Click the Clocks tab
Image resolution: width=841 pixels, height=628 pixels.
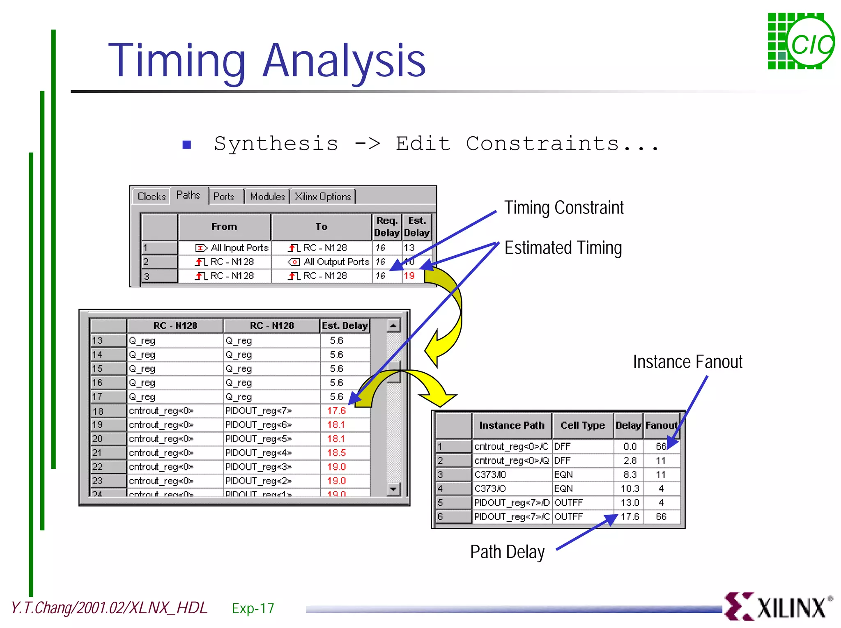[151, 197]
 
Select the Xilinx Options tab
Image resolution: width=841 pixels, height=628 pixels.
[323, 197]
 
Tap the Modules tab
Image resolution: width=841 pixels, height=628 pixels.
[267, 197]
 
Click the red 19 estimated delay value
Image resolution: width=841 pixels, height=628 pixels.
[409, 276]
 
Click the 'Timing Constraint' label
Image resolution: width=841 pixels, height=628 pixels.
[564, 208]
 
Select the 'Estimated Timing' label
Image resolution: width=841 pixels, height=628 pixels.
[563, 248]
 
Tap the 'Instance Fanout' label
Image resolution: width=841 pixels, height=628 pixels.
[687, 362]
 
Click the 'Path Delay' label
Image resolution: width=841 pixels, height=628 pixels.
[507, 552]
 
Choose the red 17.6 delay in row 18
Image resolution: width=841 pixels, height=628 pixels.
[336, 410]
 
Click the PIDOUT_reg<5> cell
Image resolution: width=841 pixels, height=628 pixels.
[259, 439]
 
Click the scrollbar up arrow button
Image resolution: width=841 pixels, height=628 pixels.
[393, 326]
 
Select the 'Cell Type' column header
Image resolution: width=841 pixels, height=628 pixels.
[582, 425]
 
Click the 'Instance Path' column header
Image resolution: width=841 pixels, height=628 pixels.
[512, 425]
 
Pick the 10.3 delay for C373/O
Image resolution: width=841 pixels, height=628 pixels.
[630, 488]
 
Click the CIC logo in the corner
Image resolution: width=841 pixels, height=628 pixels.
[800, 41]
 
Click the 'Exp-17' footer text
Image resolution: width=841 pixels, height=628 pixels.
[253, 608]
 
